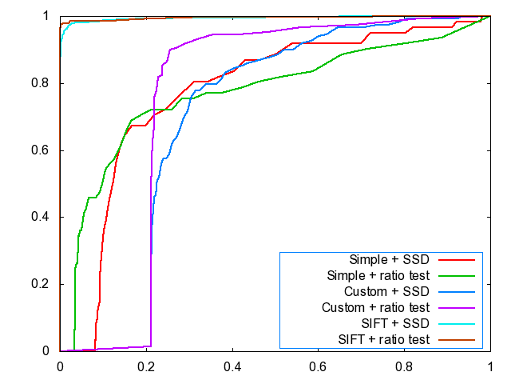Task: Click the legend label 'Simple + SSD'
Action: [x=390, y=260]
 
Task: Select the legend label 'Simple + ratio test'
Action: [x=378, y=276]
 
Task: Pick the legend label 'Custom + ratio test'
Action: [x=376, y=307]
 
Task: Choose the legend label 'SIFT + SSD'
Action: [x=394, y=323]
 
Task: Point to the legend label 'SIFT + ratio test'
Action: [x=383, y=339]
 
